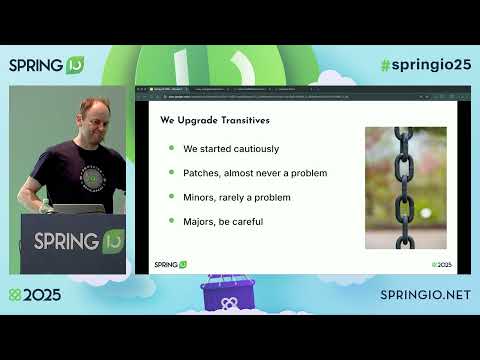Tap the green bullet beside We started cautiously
tap(171, 149)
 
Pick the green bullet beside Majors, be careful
tap(171, 221)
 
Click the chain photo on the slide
tap(405, 187)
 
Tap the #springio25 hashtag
tap(425, 65)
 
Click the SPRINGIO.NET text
tap(425, 296)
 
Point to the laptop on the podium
tap(78, 209)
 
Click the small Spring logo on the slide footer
tap(170, 264)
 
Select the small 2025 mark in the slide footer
tap(440, 264)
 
